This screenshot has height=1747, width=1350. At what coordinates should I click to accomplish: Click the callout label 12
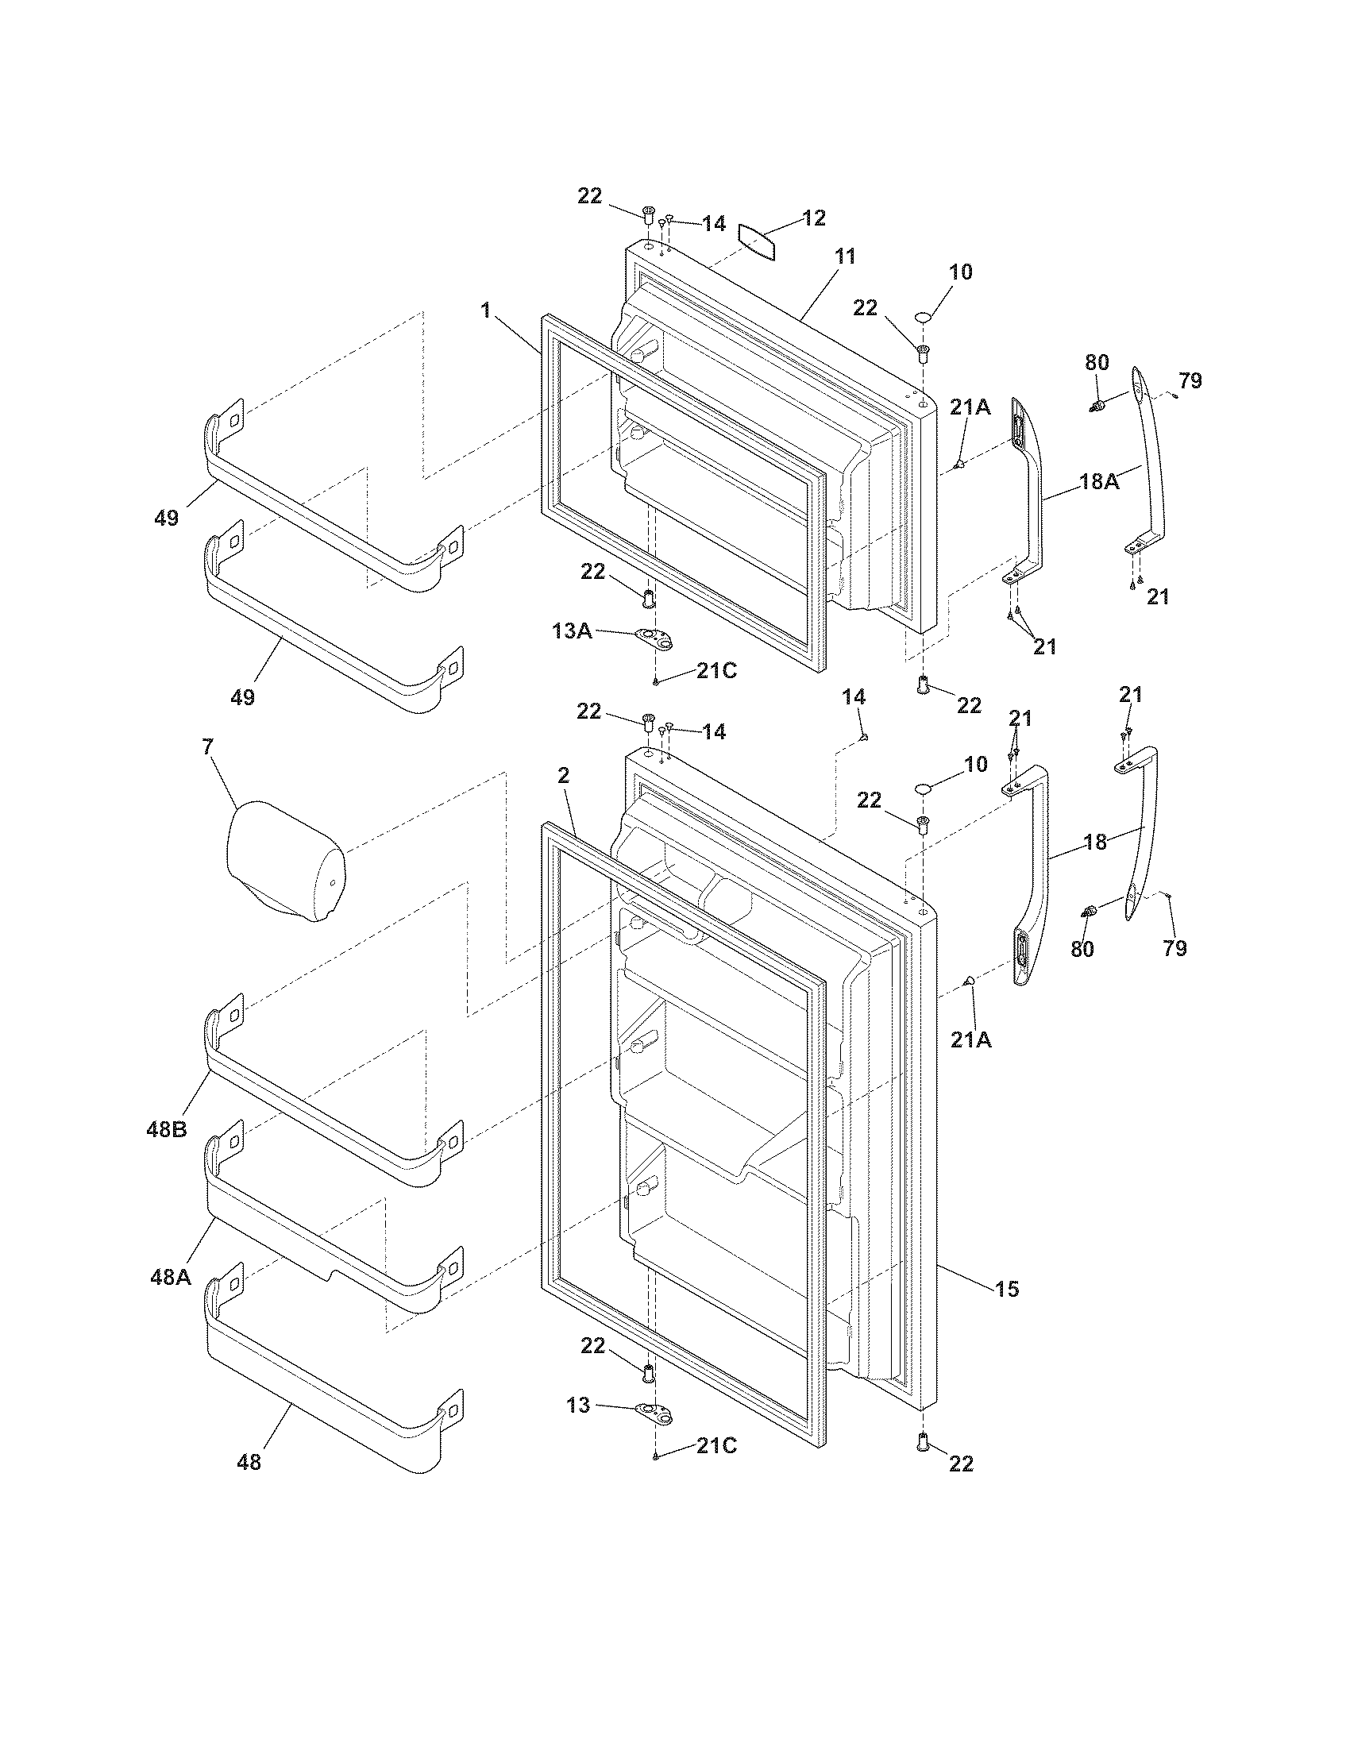point(813,218)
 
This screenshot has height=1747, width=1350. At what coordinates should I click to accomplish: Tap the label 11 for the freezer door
point(845,256)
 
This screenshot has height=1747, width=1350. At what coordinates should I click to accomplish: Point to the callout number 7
point(208,747)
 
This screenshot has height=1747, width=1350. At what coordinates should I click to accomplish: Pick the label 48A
point(171,1278)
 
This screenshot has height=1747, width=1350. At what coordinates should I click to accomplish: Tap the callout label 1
point(485,310)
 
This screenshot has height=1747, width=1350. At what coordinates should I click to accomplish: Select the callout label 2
point(563,775)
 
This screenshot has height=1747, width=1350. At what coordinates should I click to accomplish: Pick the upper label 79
point(1190,380)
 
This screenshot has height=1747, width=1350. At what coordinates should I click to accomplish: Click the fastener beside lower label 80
point(1088,911)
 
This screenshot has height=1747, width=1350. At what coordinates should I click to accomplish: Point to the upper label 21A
point(970,407)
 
